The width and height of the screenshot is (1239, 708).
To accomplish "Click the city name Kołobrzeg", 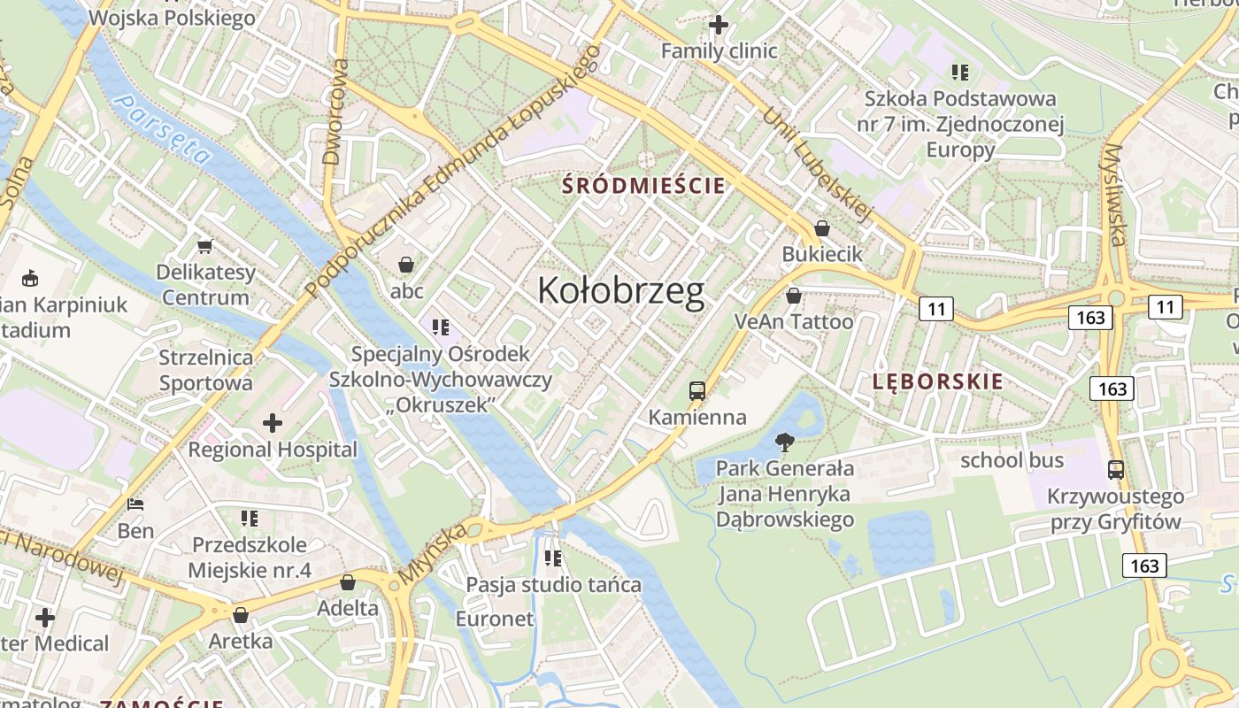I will pyautogui.click(x=621, y=291).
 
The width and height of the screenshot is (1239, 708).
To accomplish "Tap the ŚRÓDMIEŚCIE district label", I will pyautogui.click(x=645, y=186).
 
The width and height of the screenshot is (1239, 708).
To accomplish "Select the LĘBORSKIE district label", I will pyautogui.click(x=937, y=381).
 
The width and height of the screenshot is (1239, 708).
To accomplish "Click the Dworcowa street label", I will pyautogui.click(x=335, y=112).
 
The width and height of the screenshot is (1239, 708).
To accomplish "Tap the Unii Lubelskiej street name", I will pyautogui.click(x=819, y=165).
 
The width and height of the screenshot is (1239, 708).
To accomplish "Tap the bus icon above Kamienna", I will pyautogui.click(x=697, y=390).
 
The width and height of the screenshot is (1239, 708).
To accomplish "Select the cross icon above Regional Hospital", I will pyautogui.click(x=273, y=423).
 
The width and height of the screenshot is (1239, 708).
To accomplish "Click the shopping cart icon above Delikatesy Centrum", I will pyautogui.click(x=205, y=246).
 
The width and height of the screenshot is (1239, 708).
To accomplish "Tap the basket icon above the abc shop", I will pyautogui.click(x=406, y=265).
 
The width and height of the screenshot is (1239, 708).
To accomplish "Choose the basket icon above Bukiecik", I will pyautogui.click(x=822, y=228).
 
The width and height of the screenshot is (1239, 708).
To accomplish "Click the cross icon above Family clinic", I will pyautogui.click(x=719, y=25).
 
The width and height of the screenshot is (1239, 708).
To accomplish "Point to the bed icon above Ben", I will pyautogui.click(x=135, y=504).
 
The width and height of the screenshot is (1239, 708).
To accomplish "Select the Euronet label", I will pyautogui.click(x=495, y=619).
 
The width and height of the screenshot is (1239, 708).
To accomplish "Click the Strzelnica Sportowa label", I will pyautogui.click(x=205, y=370).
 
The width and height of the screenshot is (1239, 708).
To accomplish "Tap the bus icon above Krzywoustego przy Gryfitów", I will pyautogui.click(x=1116, y=470).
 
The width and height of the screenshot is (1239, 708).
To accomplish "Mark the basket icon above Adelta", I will pyautogui.click(x=348, y=582).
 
